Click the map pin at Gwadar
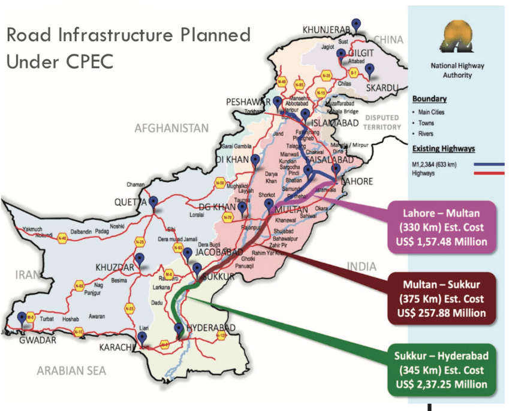pyautogui.click(x=22, y=318)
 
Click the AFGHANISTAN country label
pyautogui.click(x=172, y=128)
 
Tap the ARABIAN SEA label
pyautogui.click(x=71, y=371)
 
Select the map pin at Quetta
pyautogui.click(x=154, y=203)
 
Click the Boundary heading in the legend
pyautogui.click(x=430, y=99)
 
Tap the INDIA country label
pyautogui.click(x=361, y=266)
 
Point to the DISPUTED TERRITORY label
pyautogui.click(x=382, y=122)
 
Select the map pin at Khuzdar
pyautogui.click(x=139, y=259)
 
